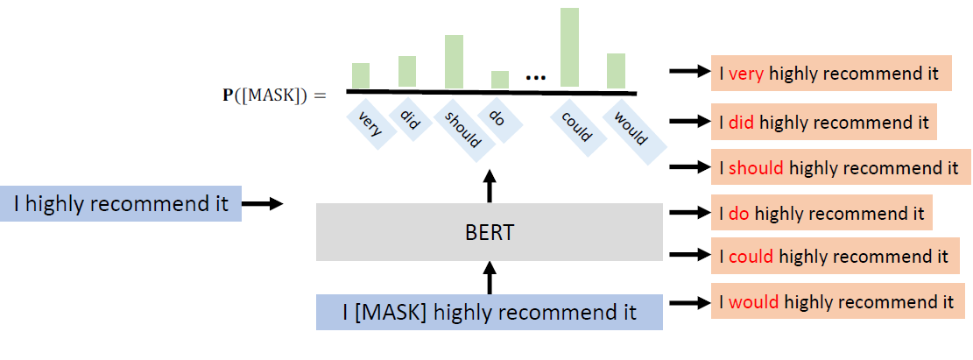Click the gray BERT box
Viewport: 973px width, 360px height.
click(x=490, y=232)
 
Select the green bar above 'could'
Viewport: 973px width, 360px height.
click(x=569, y=47)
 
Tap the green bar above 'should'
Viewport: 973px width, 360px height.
click(x=454, y=61)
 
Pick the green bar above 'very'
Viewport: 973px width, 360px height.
click(x=361, y=75)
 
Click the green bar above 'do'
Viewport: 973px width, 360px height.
click(x=499, y=80)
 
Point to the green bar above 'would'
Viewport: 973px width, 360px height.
click(x=616, y=70)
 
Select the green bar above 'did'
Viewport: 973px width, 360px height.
click(x=407, y=72)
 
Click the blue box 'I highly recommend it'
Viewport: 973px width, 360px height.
click(x=121, y=204)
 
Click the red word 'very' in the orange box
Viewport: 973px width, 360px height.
click(x=746, y=74)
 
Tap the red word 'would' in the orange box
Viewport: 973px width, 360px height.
click(x=754, y=302)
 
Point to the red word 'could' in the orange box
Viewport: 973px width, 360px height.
click(x=751, y=257)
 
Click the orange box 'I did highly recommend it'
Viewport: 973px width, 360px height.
click(x=823, y=122)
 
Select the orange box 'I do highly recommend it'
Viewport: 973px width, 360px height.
click(x=821, y=213)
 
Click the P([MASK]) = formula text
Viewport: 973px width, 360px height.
click(x=273, y=94)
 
